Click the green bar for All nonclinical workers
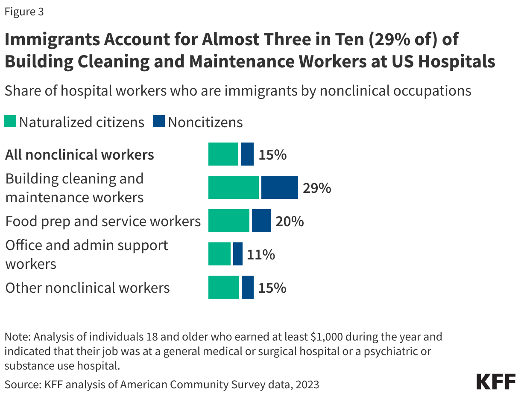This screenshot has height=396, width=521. point(223,154)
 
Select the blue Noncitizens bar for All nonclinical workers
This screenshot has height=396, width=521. point(247,154)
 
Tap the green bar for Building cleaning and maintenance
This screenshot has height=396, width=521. point(233,187)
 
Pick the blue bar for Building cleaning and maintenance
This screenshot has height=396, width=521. point(279,187)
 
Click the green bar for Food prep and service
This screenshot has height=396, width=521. point(228,221)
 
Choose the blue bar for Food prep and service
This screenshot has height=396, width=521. point(261,221)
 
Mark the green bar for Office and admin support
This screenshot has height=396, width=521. point(219,254)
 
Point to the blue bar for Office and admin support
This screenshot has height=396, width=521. point(237,254)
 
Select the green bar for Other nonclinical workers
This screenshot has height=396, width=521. point(223,287)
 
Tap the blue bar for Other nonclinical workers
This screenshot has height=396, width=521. point(247,287)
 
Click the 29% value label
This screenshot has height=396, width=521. point(317,188)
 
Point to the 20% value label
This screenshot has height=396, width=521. point(290,221)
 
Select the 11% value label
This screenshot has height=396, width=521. point(260,254)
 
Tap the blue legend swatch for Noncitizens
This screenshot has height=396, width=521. point(158,122)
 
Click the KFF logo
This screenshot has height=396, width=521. point(496,381)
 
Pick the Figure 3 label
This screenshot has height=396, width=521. point(24,12)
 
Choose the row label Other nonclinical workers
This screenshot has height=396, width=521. point(88,288)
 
